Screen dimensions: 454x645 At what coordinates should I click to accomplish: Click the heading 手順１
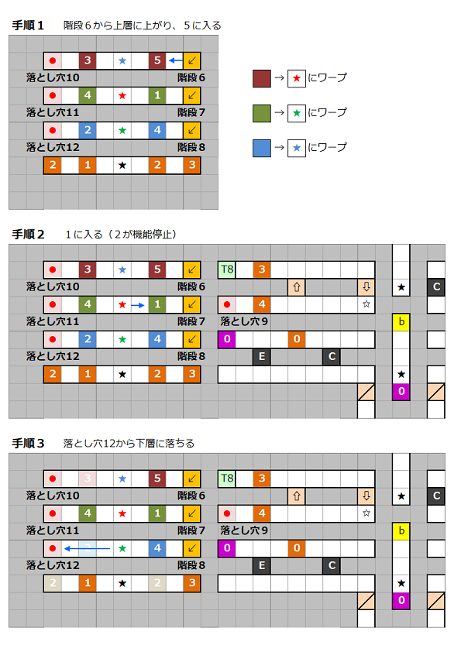tap(28, 26)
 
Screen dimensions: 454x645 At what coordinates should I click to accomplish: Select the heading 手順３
tap(28, 444)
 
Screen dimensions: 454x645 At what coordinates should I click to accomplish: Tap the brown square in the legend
tap(262, 78)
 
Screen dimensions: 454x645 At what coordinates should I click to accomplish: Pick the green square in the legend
tap(262, 113)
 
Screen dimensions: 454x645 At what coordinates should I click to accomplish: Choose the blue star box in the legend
tap(297, 148)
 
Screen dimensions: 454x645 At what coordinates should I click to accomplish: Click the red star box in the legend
tap(297, 78)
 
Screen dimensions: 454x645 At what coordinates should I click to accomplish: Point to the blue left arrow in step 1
tap(176, 60)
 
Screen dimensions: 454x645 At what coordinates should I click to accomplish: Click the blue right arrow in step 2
tap(138, 305)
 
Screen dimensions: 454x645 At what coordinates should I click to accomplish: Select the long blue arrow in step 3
tap(88, 548)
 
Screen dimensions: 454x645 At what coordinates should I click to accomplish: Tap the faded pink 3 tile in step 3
tap(88, 479)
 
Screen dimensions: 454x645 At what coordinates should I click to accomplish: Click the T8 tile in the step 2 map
tap(227, 269)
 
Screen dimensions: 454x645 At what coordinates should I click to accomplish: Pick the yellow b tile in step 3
tap(401, 530)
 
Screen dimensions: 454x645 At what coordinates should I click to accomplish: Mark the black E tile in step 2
tap(262, 356)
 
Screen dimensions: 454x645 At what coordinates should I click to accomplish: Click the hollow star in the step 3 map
tap(366, 513)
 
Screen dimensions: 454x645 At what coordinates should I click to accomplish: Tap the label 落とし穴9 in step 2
tap(244, 321)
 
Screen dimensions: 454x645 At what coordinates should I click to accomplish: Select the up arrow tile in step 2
tap(297, 286)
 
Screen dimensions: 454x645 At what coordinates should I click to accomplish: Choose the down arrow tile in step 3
tap(366, 496)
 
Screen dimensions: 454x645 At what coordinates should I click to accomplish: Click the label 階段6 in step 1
tap(191, 77)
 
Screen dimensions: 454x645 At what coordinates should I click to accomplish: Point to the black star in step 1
tap(122, 166)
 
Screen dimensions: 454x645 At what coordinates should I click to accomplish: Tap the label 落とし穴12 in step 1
tap(53, 147)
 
